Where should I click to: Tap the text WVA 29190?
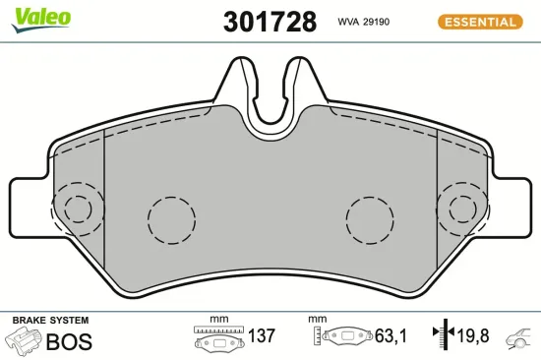[x=366, y=21]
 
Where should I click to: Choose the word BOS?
[x=69, y=341]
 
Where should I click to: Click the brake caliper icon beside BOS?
[x=25, y=341]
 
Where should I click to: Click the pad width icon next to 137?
[x=217, y=339]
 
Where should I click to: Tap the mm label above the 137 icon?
[x=218, y=320]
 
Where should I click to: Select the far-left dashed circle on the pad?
[x=78, y=209]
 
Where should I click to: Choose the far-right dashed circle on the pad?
[x=462, y=209]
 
